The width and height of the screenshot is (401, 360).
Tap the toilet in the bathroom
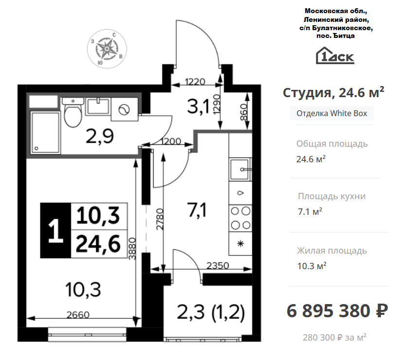(73, 114)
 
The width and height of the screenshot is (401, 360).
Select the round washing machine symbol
(123, 111)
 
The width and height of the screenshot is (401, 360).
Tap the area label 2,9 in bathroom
(100, 137)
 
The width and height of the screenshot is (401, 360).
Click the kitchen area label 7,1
(197, 210)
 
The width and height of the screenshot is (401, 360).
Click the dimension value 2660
(78, 314)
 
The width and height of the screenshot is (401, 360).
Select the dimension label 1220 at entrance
(196, 81)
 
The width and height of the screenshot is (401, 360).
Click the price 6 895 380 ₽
(337, 309)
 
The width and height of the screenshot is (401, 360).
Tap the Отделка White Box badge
(331, 114)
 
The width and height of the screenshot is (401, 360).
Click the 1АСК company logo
(335, 55)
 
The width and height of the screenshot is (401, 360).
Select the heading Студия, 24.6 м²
(333, 92)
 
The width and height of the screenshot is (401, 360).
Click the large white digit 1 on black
(56, 231)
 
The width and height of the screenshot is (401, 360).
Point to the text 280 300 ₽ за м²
(334, 337)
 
